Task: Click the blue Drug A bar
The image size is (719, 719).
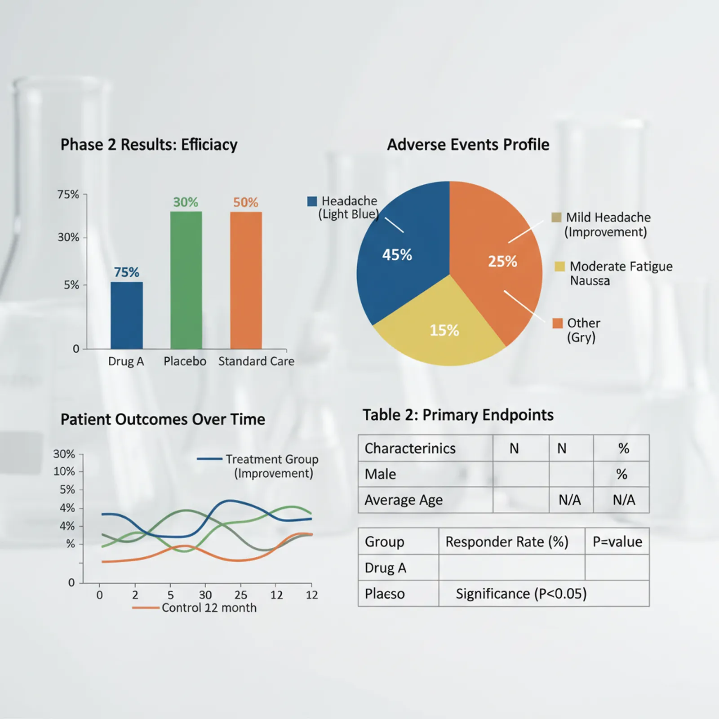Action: [x=127, y=315]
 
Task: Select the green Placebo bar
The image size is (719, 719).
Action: [x=186, y=280]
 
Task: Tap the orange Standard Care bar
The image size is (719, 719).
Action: [x=246, y=280]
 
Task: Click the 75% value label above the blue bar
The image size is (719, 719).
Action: [x=126, y=272]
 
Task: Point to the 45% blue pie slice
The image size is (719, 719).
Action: [x=400, y=252]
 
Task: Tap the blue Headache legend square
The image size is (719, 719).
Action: [x=312, y=201]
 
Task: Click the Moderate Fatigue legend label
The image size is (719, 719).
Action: [x=621, y=266]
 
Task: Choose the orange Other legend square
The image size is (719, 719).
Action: [x=557, y=323]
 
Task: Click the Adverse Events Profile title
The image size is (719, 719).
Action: [x=468, y=144]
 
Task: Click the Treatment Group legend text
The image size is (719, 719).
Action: [x=272, y=459]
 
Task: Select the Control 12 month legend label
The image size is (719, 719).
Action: [x=209, y=608]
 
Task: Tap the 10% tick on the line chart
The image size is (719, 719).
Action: [x=64, y=471]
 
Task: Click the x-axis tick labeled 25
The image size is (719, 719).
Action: [x=241, y=595]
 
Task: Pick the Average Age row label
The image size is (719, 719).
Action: [x=404, y=500]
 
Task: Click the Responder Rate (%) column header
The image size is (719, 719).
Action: [x=507, y=541]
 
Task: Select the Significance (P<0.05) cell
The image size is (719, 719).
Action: [x=521, y=594]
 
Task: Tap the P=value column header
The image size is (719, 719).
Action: [x=617, y=541]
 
